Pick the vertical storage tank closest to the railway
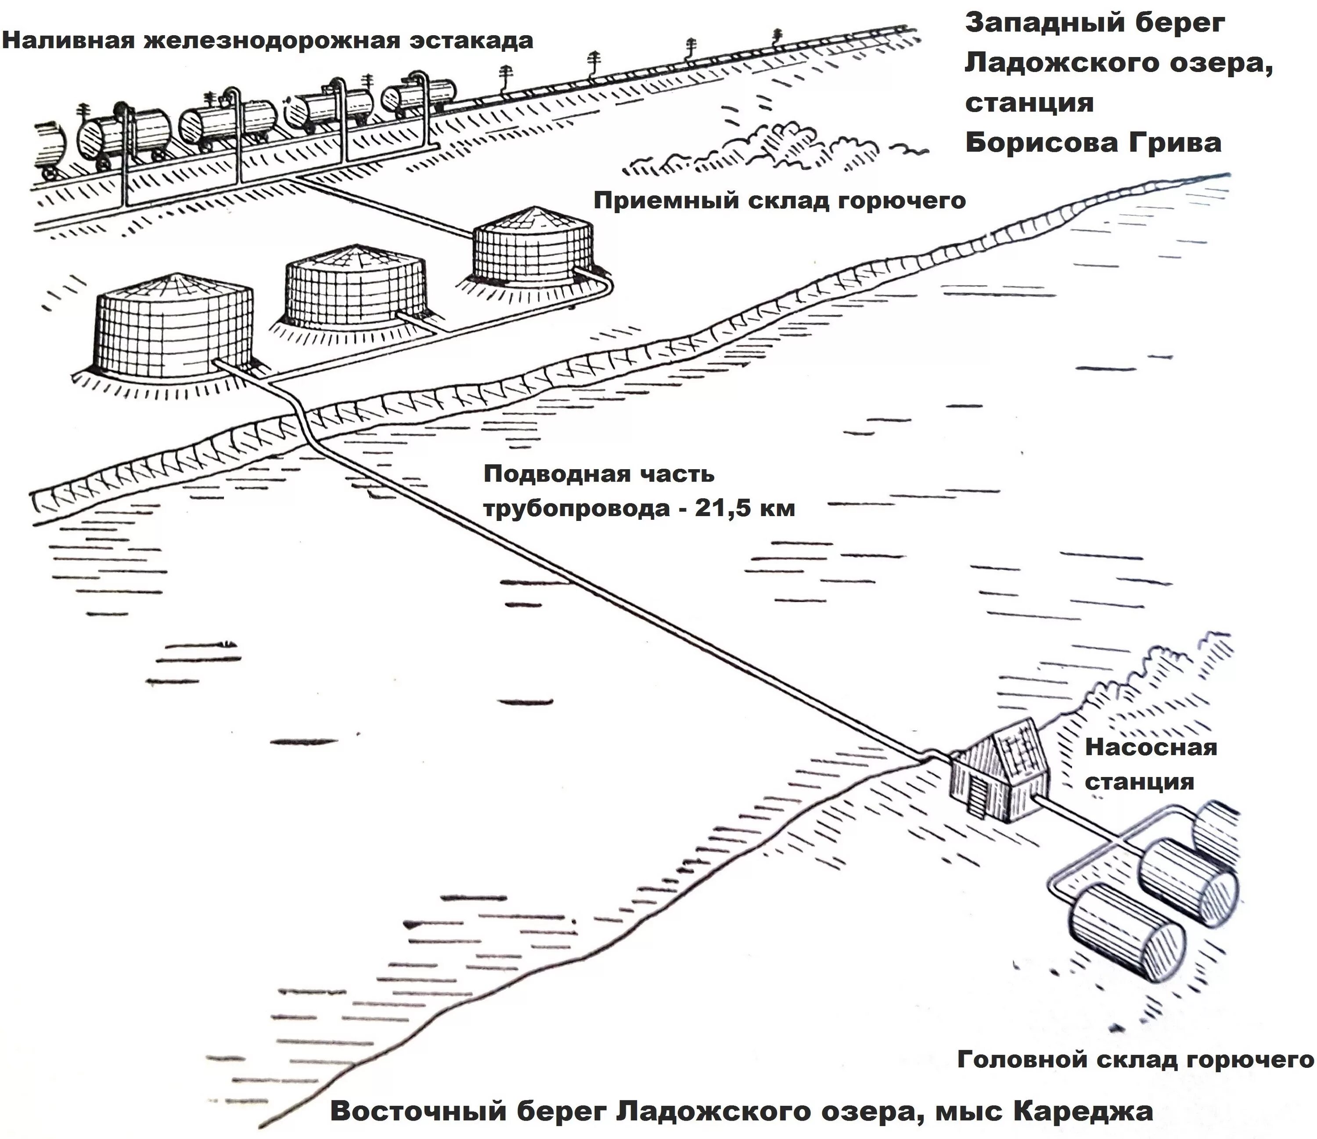point(533,248)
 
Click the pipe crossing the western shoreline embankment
point(304,420)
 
